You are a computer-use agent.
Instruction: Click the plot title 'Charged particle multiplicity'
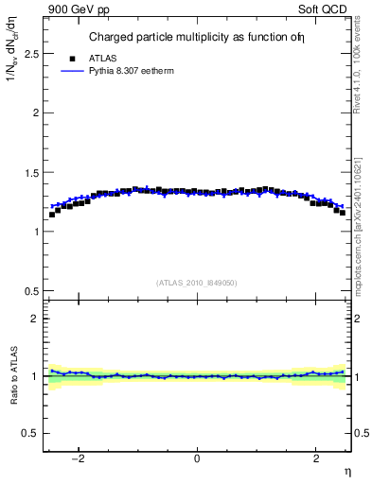(180, 38)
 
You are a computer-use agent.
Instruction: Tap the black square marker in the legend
(69, 58)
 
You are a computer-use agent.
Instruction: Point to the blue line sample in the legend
(69, 71)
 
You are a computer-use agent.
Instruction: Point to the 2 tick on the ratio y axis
(35, 319)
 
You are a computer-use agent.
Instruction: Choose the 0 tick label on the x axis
(196, 459)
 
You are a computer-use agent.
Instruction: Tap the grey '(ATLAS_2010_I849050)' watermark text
(197, 282)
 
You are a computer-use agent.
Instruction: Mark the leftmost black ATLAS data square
(52, 215)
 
